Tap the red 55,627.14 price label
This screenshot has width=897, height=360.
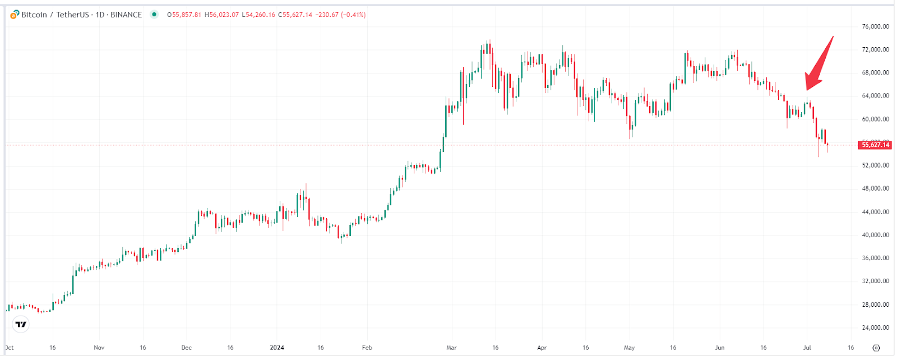[875, 145]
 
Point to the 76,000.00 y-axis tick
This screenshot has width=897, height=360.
[875, 26]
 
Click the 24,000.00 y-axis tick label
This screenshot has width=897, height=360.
[875, 327]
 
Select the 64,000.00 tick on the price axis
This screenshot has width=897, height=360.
[875, 96]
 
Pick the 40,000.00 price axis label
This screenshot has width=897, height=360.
[875, 235]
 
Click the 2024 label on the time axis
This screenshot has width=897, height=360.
[277, 348]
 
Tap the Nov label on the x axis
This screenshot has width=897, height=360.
[99, 348]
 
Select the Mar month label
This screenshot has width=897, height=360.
[451, 348]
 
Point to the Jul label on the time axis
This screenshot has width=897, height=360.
[807, 348]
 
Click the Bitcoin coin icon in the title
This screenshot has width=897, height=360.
[15, 15]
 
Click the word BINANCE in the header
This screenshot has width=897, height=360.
[126, 15]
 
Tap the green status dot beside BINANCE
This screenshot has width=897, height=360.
[154, 15]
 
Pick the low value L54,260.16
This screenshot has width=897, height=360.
[258, 15]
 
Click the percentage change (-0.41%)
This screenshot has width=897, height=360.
[353, 15]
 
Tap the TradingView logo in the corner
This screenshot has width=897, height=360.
[21, 324]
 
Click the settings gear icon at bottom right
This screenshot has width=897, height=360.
[877, 348]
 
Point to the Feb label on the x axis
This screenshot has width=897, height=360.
[367, 348]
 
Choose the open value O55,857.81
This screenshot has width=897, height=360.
[184, 15]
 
